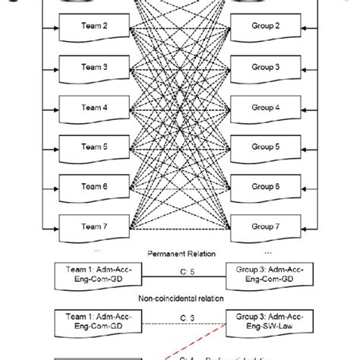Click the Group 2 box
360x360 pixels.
[x=267, y=26]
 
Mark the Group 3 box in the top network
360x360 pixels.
[x=267, y=66]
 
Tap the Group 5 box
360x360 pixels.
[x=267, y=146]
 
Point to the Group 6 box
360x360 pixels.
[x=267, y=185]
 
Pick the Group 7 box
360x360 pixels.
[x=267, y=226]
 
